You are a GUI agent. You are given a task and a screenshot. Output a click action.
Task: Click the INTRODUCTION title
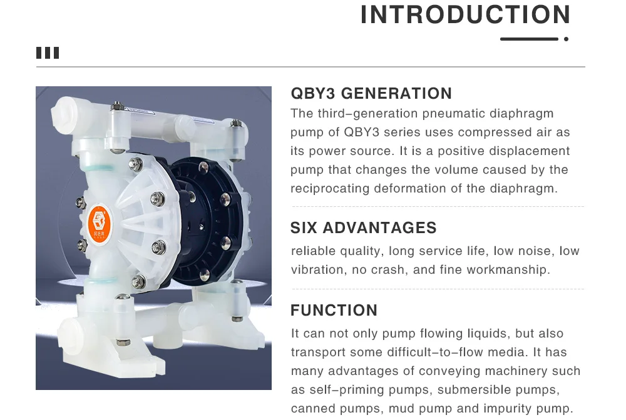(x=465, y=15)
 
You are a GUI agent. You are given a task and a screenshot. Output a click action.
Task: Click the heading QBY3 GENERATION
(x=371, y=94)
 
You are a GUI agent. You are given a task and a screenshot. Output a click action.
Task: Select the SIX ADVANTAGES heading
(x=363, y=227)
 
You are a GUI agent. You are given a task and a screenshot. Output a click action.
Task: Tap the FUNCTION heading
(x=334, y=311)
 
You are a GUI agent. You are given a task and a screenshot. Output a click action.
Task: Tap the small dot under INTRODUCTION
(x=566, y=39)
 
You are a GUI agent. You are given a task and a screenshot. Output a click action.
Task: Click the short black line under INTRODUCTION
(x=529, y=39)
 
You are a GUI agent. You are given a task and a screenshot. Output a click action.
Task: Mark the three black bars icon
(x=48, y=53)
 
